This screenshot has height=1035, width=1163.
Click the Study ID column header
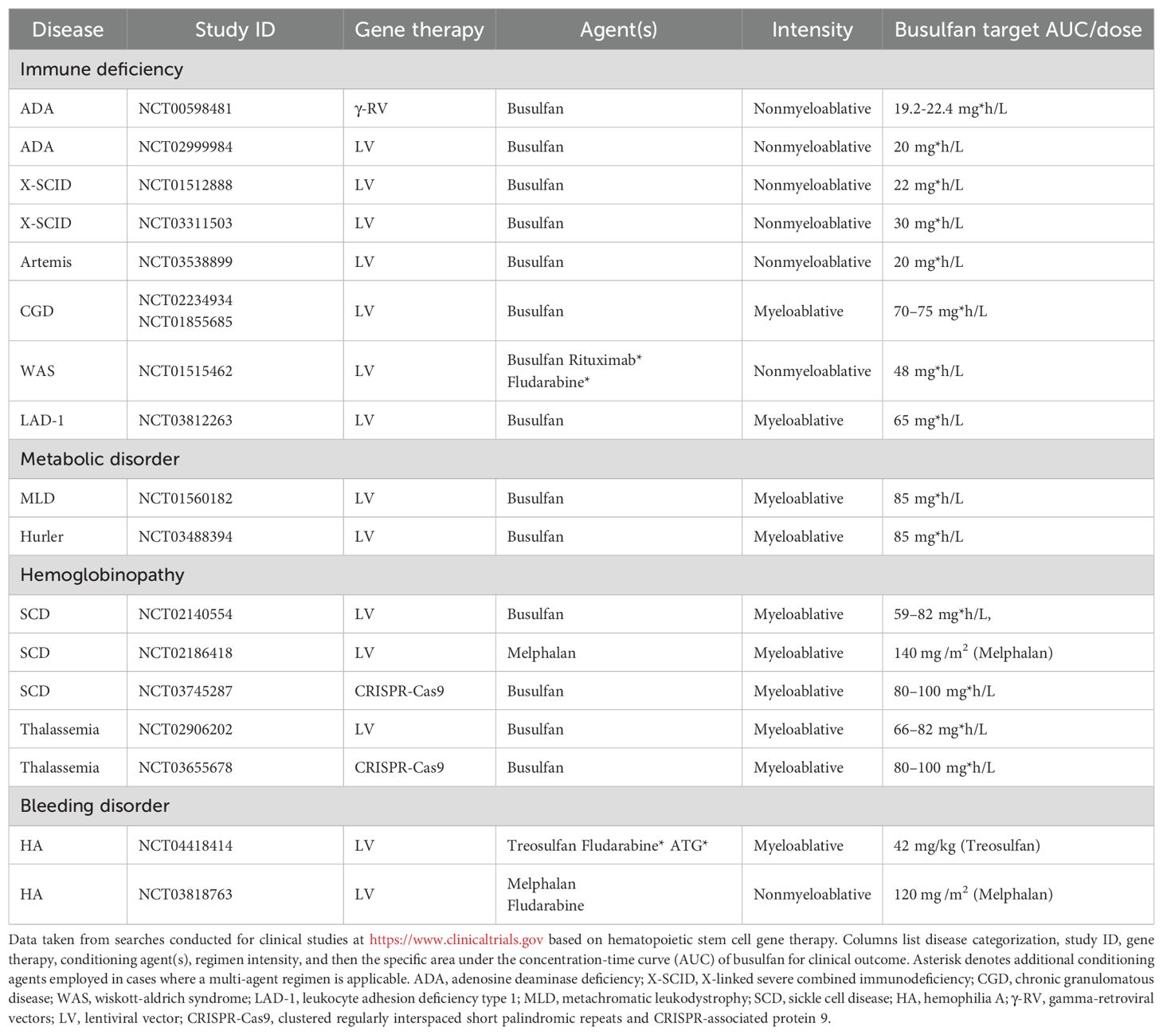point(235,30)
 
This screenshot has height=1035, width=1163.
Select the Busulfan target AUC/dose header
point(1017,30)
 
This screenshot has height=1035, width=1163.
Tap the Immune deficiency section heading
point(101,69)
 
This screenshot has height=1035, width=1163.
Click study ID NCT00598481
point(186,108)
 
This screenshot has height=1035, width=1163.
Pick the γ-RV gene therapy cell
point(371,108)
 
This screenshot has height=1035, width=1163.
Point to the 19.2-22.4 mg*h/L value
point(950,108)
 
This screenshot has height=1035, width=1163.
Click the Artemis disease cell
point(46,261)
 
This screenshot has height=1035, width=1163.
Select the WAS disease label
point(37,370)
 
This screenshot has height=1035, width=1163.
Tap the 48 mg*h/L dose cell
point(928,370)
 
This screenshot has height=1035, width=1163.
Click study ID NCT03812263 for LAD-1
point(186,420)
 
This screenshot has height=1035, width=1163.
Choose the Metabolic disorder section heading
point(100,459)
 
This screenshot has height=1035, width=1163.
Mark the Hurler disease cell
point(41,536)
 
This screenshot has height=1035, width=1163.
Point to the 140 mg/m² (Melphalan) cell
point(973,653)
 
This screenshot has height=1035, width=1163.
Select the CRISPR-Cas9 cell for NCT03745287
point(399,691)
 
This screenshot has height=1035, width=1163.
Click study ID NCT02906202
point(186,729)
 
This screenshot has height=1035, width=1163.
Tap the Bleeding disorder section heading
point(95,806)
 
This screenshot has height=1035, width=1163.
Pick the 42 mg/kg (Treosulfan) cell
point(966,845)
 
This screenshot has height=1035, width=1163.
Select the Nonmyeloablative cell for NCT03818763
point(812,894)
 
